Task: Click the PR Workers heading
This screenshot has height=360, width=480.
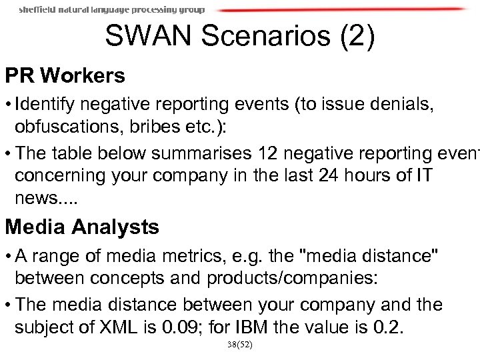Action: point(65,76)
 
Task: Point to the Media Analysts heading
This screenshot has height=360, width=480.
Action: point(82,228)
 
